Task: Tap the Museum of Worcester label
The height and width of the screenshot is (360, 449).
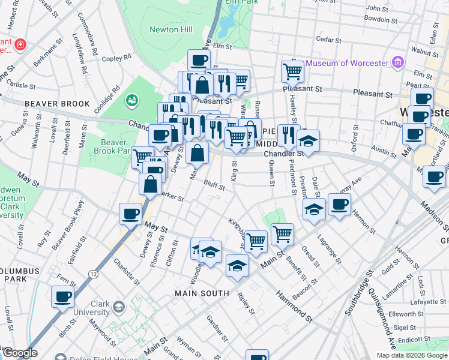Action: [x=348, y=62]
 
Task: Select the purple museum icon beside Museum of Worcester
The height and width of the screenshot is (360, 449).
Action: [x=397, y=62]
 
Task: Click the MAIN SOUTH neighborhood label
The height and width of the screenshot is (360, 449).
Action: [x=202, y=293]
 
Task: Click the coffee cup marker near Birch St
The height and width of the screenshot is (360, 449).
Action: [x=63, y=296]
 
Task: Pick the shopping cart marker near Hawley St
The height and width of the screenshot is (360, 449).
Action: [x=292, y=71]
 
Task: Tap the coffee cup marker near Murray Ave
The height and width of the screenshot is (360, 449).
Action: [x=339, y=205]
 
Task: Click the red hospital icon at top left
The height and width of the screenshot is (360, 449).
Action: [x=20, y=44]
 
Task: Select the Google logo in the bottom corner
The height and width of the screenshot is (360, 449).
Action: [x=19, y=353]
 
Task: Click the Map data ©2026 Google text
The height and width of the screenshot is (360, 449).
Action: [x=412, y=355]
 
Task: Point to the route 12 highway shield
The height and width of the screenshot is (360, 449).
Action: [x=93, y=274]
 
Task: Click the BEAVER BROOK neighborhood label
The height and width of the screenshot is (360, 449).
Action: [x=57, y=104]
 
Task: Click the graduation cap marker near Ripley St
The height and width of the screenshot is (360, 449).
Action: [x=237, y=266]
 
